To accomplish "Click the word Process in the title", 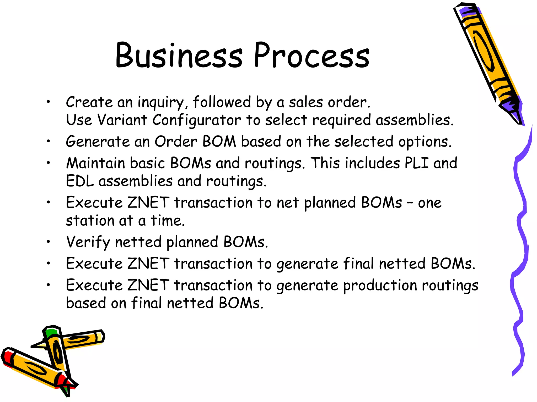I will tap(312, 55).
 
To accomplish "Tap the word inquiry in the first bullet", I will tap(160, 102).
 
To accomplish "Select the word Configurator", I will tap(196, 120).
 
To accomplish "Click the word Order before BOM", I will tap(176, 142).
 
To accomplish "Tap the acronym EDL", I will tap(80, 181).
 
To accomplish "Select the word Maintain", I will tap(95, 163).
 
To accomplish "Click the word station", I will tap(90, 221).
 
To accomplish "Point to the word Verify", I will tap(88, 242).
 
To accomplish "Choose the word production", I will tap(380, 285).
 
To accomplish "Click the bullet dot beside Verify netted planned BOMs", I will tap(48, 242).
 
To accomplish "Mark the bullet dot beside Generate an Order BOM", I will tap(48, 142).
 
